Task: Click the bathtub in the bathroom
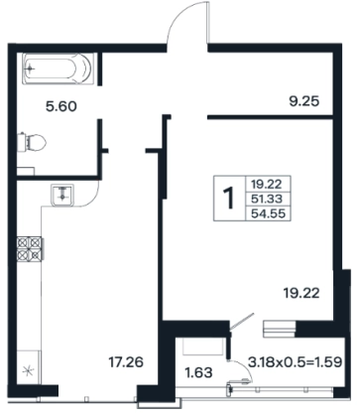pos(58,69)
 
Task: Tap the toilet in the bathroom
pos(32,142)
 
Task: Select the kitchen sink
pos(62,196)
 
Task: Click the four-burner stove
pos(30,249)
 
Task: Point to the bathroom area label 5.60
pos(61,106)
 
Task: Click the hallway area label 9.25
pos(304,101)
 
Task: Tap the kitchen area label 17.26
pos(126,362)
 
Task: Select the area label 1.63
pos(198,372)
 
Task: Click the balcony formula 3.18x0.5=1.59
pos(295,362)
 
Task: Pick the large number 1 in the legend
pos(229,199)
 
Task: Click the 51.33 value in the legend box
pos(267,199)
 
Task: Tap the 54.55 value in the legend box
pos(268,213)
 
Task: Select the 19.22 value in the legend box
pos(266,183)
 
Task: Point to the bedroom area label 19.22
pos(301,293)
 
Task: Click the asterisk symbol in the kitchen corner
pos(28,370)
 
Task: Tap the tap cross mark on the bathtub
pos(30,69)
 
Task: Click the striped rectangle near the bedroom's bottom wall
pos(279,329)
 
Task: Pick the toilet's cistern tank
pos(22,142)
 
